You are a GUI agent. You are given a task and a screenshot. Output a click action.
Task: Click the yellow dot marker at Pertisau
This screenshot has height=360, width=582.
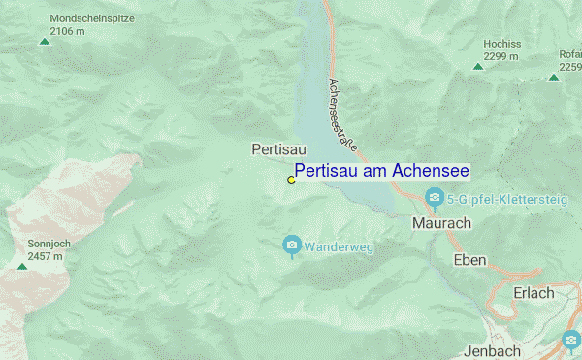coord(291,180)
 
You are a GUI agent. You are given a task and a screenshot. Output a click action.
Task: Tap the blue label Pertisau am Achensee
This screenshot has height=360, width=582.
coord(382,171)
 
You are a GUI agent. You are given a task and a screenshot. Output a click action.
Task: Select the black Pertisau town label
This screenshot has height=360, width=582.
coord(278,149)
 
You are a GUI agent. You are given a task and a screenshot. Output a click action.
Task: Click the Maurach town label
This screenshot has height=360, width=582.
coord(441,223)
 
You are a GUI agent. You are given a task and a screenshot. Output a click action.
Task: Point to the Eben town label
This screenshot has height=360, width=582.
coord(470,260)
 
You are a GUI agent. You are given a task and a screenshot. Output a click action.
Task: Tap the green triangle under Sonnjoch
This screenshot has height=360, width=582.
coord(21,266)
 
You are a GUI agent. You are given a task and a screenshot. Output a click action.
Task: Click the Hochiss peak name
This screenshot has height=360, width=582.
coord(501,45)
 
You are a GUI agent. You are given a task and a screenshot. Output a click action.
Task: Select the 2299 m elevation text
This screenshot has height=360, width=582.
coord(501,57)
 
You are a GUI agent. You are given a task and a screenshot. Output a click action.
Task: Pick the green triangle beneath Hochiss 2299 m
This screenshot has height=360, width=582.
coord(478,67)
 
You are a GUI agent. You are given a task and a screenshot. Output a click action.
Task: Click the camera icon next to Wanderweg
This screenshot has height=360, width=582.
coord(291,246)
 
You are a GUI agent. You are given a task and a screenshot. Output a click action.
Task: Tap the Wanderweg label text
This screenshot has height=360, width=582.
coord(339,247)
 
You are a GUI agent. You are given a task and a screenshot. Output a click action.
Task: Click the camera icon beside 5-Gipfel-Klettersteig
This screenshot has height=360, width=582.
coord(436,200)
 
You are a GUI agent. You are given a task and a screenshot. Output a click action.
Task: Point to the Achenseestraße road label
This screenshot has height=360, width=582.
coord(342,115)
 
